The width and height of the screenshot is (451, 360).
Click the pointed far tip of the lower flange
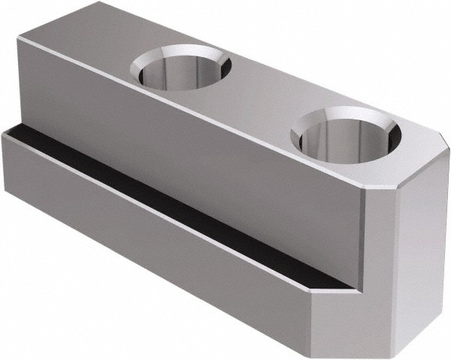click(x=5, y=133)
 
